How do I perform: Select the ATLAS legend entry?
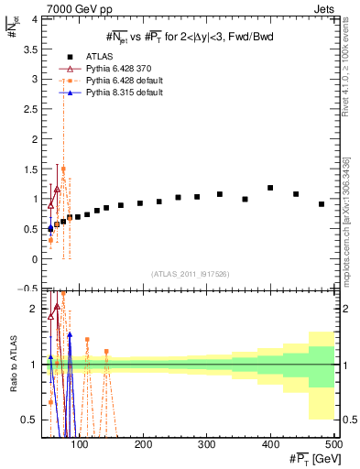pyautogui.click(x=103, y=57)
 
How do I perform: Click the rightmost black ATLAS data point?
pyautogui.click(x=322, y=204)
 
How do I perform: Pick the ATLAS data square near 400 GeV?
pyautogui.click(x=270, y=188)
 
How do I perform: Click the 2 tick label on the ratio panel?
pyautogui.click(x=34, y=309)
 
